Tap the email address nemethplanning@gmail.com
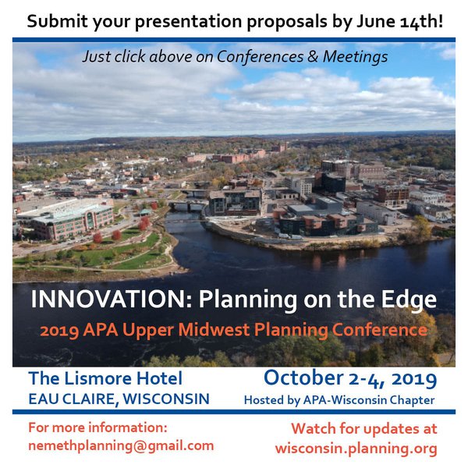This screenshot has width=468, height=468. [121, 446]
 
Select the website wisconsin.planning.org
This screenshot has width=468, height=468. [356, 448]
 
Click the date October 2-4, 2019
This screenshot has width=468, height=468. [350, 378]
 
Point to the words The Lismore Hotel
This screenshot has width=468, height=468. [105, 378]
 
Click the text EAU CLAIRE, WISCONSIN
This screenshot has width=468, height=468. [119, 399]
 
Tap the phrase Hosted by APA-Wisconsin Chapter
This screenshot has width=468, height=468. [339, 400]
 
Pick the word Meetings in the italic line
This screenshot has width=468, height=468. [355, 57]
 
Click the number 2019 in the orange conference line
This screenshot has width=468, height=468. [59, 330]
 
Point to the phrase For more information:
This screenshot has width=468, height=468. [97, 427]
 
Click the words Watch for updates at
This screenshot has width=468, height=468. [364, 429]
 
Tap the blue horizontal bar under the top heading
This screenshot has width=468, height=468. [234, 40]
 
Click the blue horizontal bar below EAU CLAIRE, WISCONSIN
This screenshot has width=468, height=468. [234, 412]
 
